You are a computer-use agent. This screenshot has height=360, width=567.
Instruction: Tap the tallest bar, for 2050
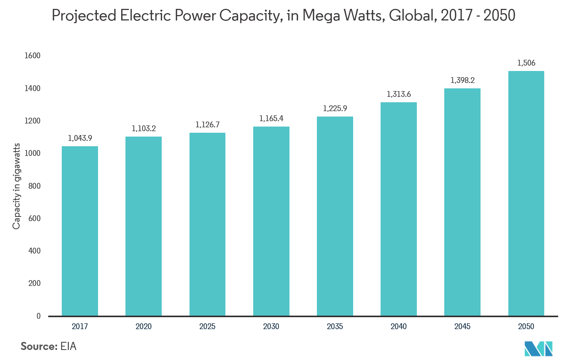point(526,193)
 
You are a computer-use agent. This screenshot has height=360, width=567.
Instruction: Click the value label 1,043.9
point(80,138)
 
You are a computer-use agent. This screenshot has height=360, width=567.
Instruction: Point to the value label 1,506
point(526,63)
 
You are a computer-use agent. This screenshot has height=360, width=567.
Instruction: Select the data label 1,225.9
point(335,108)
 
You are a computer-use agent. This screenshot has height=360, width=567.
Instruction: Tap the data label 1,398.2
point(462,80)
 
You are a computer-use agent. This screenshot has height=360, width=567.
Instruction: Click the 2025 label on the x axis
point(207,326)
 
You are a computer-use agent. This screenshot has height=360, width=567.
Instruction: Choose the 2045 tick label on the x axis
point(462,326)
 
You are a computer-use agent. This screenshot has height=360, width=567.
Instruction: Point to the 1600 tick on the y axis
point(32,56)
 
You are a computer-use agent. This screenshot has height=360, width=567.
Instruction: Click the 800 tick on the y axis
point(34,186)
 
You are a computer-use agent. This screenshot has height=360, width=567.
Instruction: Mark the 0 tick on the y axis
point(38,316)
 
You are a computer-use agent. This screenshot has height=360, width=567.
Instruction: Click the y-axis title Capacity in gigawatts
point(16,186)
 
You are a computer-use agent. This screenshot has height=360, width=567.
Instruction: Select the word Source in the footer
point(39,346)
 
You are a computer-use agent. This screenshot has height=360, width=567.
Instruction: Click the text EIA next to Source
point(68,346)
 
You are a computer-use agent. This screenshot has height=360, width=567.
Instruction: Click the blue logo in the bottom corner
point(538,348)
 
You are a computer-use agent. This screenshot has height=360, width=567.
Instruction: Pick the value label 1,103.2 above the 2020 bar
point(144,128)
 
